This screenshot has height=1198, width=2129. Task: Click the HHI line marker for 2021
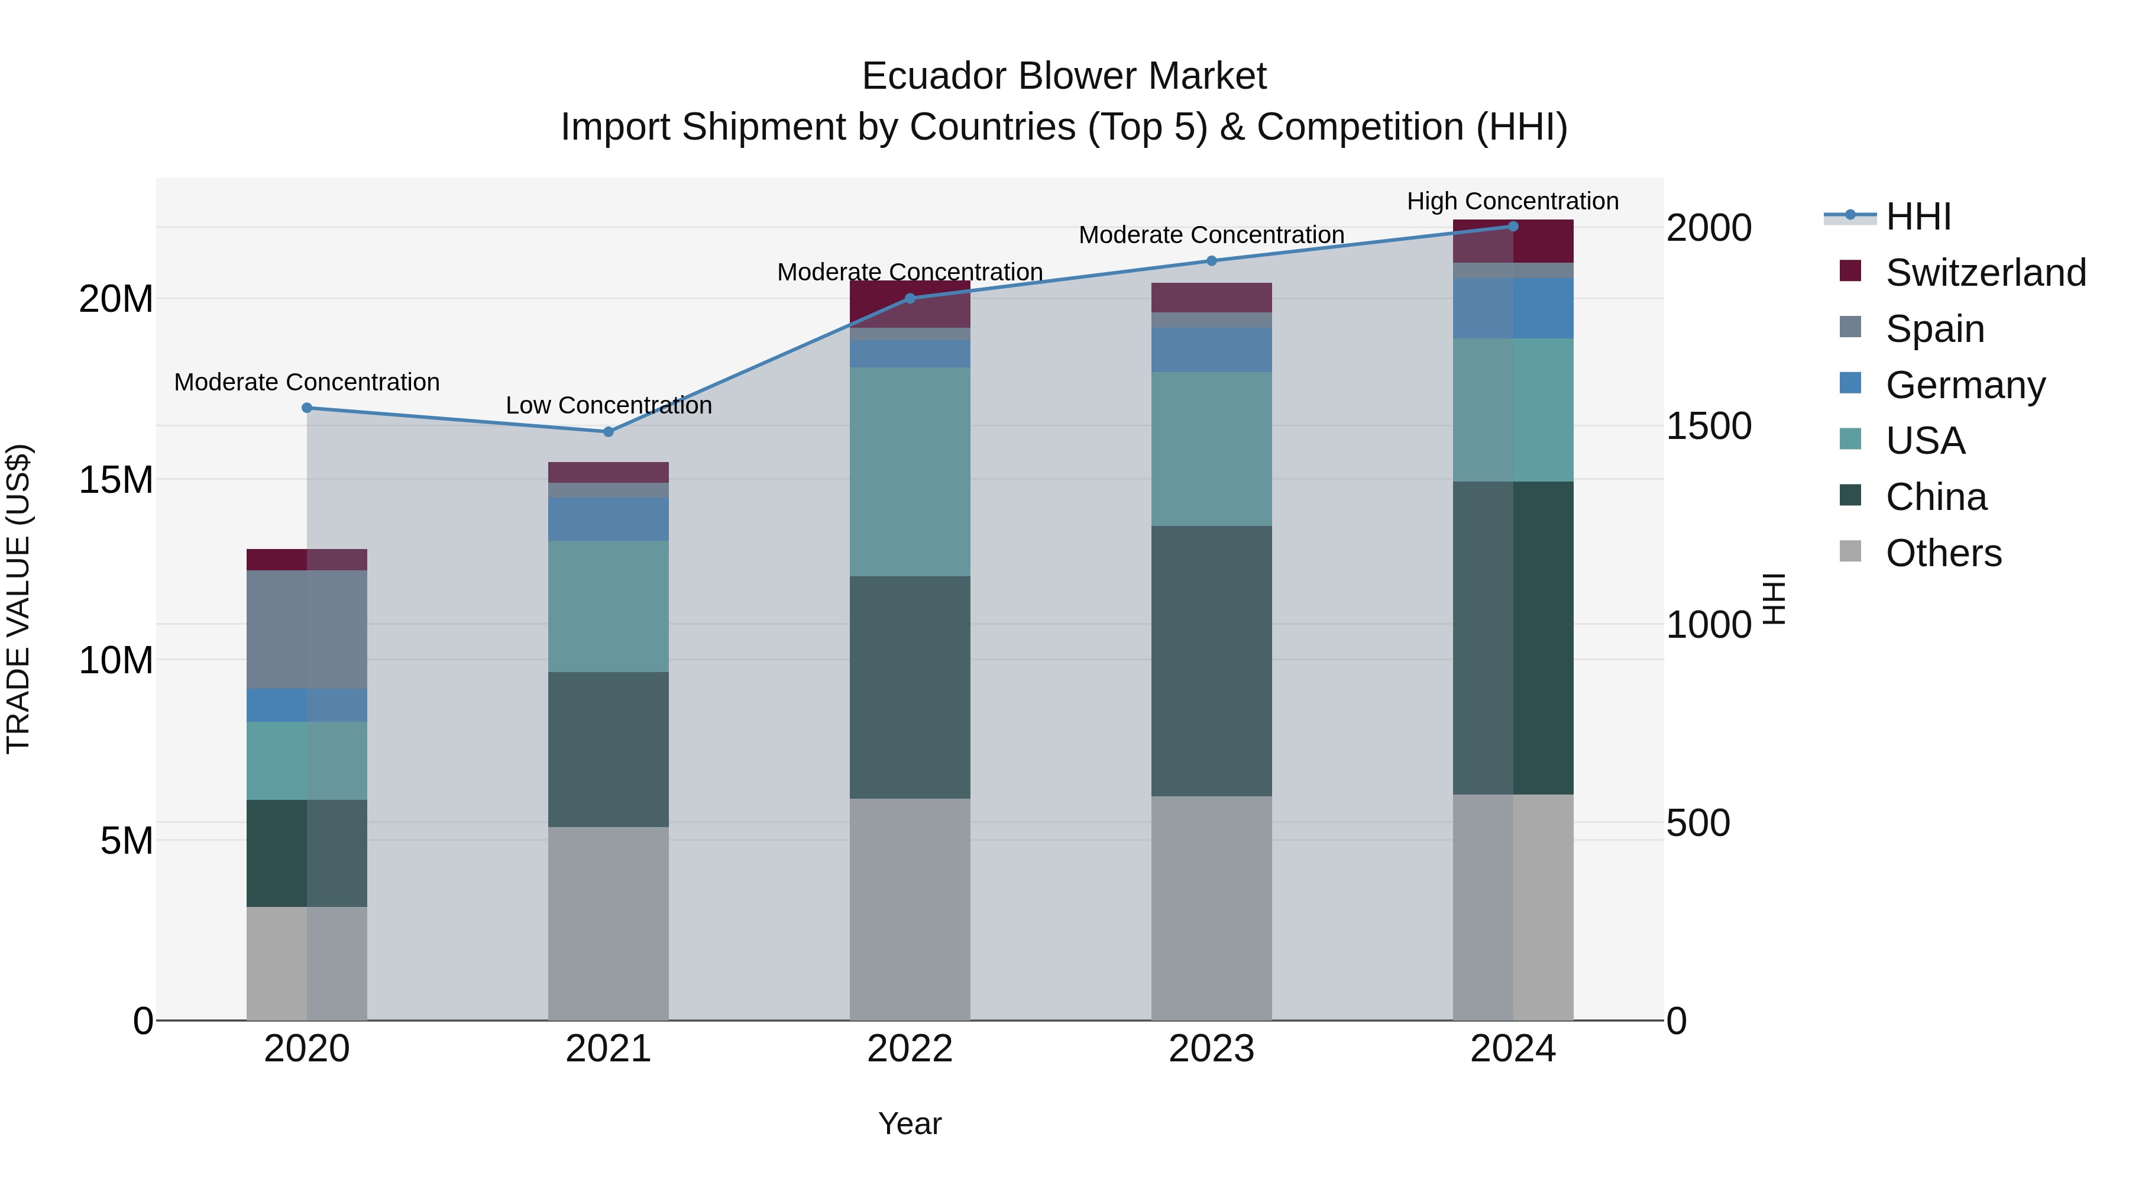[609, 432]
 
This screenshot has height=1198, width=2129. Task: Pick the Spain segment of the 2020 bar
[306, 629]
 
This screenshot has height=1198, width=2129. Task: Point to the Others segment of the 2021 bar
[609, 923]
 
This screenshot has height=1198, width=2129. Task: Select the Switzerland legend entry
[1985, 273]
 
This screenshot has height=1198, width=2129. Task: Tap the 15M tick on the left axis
[116, 480]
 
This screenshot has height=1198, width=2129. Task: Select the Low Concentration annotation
[609, 405]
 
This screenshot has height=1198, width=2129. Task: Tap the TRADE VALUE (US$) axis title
[18, 599]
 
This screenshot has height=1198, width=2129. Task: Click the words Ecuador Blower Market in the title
[1064, 76]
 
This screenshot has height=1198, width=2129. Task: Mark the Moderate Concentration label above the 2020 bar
[306, 382]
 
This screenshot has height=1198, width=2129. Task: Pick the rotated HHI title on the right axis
[1774, 599]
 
